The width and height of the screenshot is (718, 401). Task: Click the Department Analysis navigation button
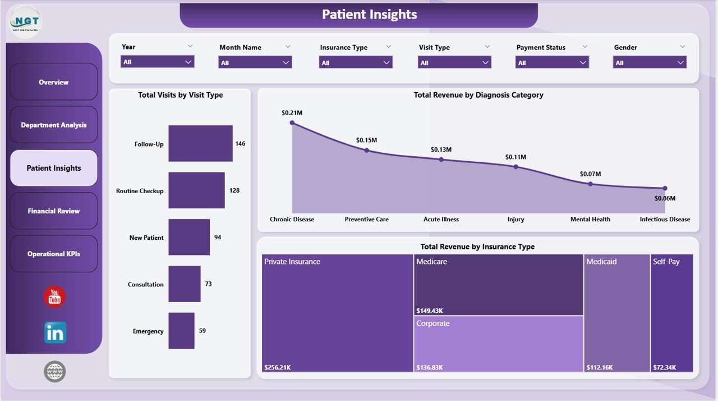54,125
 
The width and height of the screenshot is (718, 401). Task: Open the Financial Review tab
54,211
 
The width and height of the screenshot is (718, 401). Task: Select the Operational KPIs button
54,254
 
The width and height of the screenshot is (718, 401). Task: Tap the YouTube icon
54,297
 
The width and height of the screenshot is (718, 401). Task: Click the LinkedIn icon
55,332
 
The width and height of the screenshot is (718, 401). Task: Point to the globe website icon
55,371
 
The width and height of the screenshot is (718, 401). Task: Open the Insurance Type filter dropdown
356,62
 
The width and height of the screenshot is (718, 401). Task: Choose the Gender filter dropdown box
650,62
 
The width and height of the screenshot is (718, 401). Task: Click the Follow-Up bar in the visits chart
200,143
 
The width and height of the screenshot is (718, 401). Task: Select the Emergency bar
181,331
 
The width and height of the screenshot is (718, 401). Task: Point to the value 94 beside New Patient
218,238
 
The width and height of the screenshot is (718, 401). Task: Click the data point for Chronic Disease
292,122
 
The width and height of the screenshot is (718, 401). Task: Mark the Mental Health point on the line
590,184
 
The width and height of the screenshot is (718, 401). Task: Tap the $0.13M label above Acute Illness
441,149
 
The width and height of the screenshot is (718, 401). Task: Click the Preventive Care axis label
366,219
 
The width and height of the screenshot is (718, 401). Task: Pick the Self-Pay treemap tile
671,312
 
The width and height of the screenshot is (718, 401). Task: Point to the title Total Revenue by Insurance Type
477,247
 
